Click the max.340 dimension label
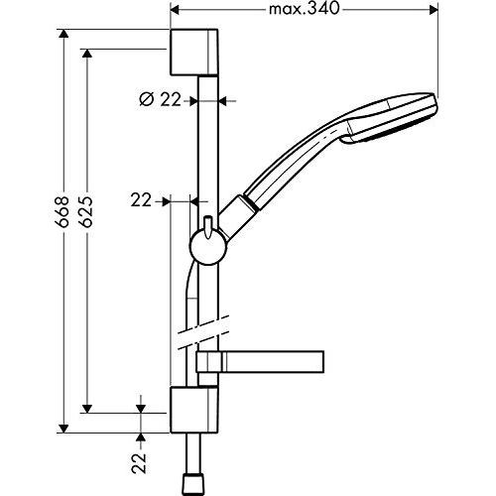point(304,9)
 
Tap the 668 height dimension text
point(62,212)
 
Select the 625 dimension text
point(85,212)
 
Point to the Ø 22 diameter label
point(161,99)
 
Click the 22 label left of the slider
point(141,200)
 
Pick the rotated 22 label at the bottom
point(139,463)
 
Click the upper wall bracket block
point(194,53)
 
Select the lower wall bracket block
point(194,410)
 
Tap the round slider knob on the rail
point(208,247)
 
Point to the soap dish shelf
point(260,362)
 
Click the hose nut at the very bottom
point(191,485)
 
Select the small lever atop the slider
point(208,226)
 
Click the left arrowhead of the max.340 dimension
point(175,10)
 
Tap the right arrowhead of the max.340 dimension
point(434,10)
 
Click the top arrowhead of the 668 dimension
point(63,34)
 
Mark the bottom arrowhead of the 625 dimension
point(87,409)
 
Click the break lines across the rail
point(203,332)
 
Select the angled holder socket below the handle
point(239,217)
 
